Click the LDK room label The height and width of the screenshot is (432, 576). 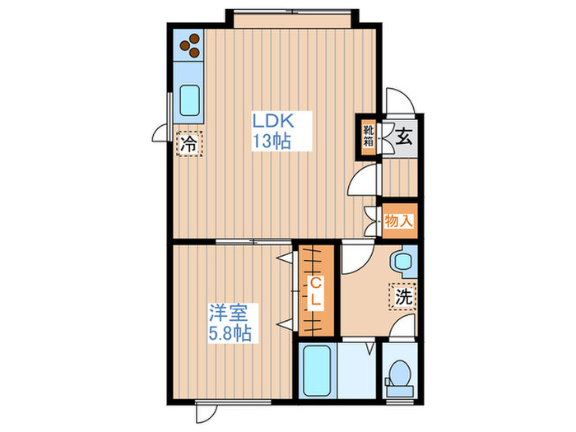tap(272, 120)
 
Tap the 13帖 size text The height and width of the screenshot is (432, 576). tap(272, 141)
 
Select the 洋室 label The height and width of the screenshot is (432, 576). tap(228, 313)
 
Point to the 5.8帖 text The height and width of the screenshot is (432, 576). tap(230, 333)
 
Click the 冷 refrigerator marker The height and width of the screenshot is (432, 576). tap(189, 144)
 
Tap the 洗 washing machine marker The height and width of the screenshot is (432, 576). tap(403, 296)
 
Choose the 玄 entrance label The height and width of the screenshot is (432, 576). tap(404, 137)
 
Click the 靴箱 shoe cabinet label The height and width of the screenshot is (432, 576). tap(368, 135)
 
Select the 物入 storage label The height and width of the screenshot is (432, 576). tap(398, 221)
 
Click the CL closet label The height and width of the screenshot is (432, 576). tap(315, 291)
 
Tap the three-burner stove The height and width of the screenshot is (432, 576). tap(189, 45)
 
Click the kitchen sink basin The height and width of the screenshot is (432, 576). tap(189, 100)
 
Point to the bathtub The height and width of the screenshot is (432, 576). tap(317, 370)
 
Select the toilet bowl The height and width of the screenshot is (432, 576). tap(399, 378)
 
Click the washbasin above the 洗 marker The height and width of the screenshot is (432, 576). tap(403, 261)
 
